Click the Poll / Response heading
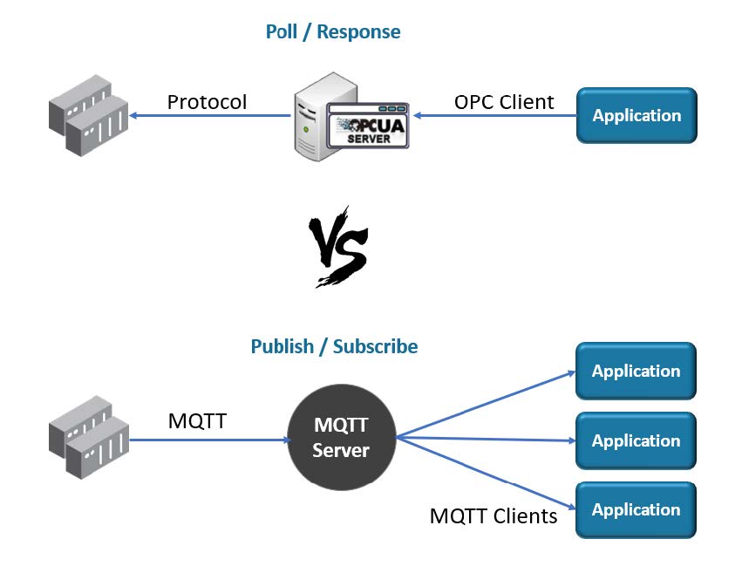pos(333,32)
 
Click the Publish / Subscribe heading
pos(334,346)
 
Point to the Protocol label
pos(207,102)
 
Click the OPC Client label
pos(504,102)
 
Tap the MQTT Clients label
pos(494,515)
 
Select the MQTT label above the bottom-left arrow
pos(197,421)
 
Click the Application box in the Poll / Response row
pos(636,115)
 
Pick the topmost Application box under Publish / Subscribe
pos(636,371)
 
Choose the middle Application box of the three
pos(636,440)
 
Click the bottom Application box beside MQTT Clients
pos(636,509)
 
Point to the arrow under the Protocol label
pos(209,115)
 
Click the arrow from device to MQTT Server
pos(209,440)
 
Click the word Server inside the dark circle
pos(341,451)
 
